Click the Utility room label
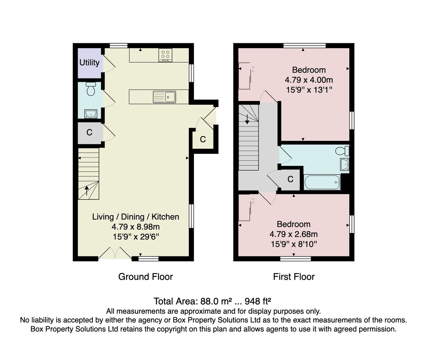(x=89, y=63)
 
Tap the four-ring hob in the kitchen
(x=165, y=55)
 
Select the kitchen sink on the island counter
(x=165, y=97)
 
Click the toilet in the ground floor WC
(x=91, y=89)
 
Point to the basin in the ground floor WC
(x=91, y=114)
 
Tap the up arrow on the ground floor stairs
(x=87, y=191)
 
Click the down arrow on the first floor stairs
(x=247, y=119)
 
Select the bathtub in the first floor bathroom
(x=322, y=182)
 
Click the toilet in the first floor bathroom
(x=342, y=151)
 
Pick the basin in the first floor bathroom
(x=345, y=165)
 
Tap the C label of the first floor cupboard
(x=290, y=179)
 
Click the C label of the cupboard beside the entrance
(x=203, y=139)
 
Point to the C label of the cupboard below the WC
(x=89, y=132)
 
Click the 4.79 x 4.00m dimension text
(x=309, y=80)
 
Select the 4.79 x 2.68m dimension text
(x=293, y=234)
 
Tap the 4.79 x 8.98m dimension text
(x=136, y=226)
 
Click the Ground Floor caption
(x=145, y=277)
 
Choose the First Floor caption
(x=294, y=277)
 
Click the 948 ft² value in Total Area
(x=258, y=301)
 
